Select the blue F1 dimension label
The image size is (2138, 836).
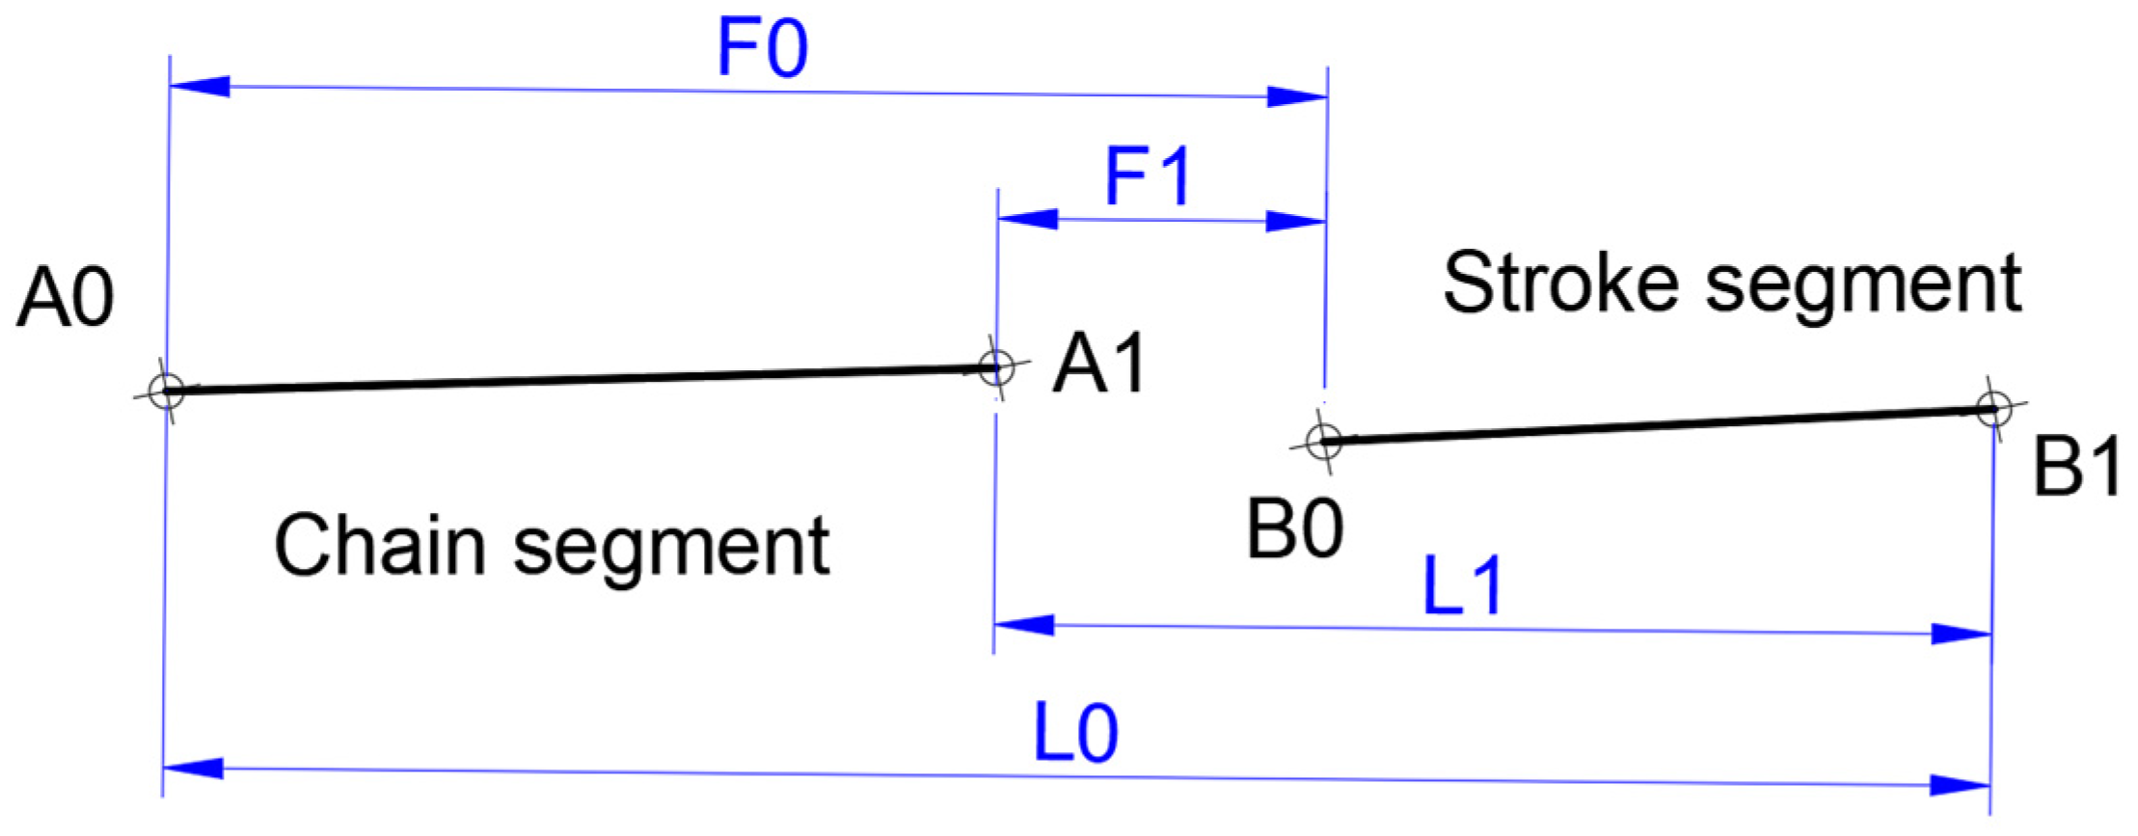[1148, 177]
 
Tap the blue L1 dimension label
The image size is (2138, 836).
[1462, 586]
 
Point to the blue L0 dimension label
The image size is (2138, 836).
[1075, 735]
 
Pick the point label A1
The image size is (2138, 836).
[1100, 365]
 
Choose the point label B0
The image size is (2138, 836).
[1295, 530]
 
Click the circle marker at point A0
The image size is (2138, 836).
[167, 391]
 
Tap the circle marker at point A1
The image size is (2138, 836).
[996, 367]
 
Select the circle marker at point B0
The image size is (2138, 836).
[1324, 442]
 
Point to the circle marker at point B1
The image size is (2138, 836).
[1993, 409]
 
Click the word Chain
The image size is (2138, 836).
[379, 546]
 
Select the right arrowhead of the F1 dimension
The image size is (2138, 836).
[1295, 222]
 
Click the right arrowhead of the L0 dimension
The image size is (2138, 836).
[1960, 785]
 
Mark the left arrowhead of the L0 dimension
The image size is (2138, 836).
[193, 769]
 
